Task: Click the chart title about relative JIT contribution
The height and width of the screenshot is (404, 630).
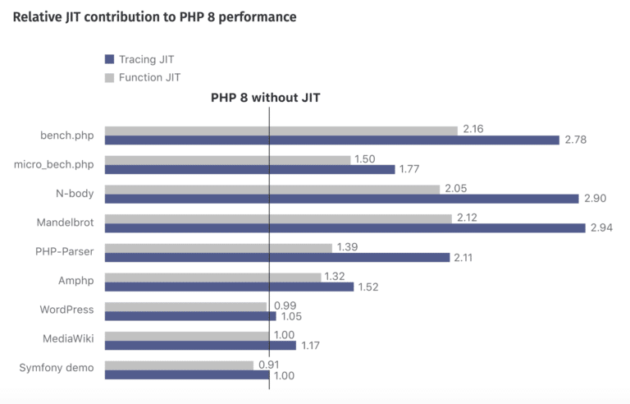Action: click(155, 16)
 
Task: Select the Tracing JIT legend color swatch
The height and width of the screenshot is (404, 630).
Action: click(109, 59)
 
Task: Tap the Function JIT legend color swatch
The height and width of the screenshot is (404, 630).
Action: click(109, 77)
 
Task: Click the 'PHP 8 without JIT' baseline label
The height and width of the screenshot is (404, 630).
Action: click(265, 98)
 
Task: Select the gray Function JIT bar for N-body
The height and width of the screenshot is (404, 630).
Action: click(272, 189)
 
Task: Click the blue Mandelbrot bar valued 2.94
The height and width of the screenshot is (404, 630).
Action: click(345, 227)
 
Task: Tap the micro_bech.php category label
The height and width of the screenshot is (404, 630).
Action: click(54, 164)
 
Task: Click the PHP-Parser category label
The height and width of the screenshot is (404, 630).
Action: click(64, 251)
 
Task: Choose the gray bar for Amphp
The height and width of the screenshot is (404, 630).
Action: click(212, 277)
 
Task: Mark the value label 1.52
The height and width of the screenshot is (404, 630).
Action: click(370, 287)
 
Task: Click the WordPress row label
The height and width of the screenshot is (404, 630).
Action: click(66, 310)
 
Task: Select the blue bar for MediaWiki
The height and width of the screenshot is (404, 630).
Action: click(200, 345)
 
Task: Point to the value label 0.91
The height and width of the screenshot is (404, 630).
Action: click(271, 365)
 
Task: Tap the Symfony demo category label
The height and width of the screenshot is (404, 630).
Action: click(57, 368)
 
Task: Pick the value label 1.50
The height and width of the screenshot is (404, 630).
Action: click(366, 159)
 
